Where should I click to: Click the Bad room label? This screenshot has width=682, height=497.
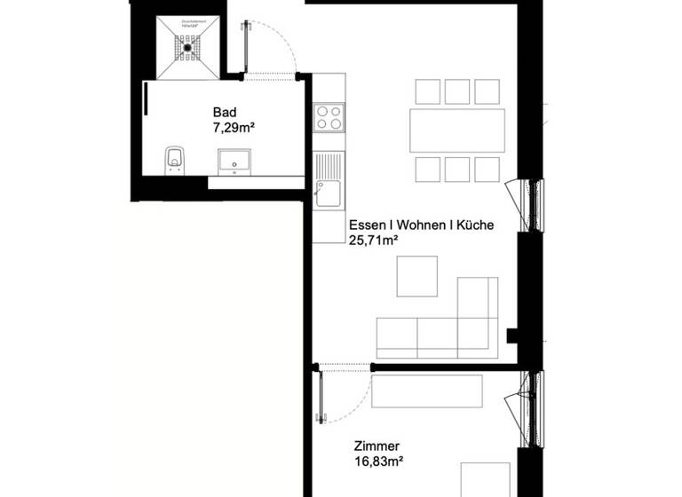pos(225,113)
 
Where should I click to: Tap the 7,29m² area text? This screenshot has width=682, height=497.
pos(234,129)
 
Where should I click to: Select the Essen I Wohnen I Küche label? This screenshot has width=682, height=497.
pos(421,225)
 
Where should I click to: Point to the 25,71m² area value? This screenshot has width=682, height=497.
pos(373,241)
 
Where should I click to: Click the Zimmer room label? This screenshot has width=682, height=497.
pos(376,446)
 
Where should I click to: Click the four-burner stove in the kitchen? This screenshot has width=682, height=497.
pos(329,117)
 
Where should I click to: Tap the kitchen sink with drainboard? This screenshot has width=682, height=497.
pos(328,179)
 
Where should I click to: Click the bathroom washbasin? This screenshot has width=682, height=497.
pos(236,160)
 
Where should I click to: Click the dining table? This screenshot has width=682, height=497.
pos(456,130)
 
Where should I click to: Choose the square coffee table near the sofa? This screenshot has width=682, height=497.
pos(416,276)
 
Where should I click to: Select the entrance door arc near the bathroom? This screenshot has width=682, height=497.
pos(275,49)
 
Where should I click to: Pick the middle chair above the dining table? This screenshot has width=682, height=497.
pos(456,91)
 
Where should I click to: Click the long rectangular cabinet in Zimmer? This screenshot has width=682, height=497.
pos(427,390)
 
